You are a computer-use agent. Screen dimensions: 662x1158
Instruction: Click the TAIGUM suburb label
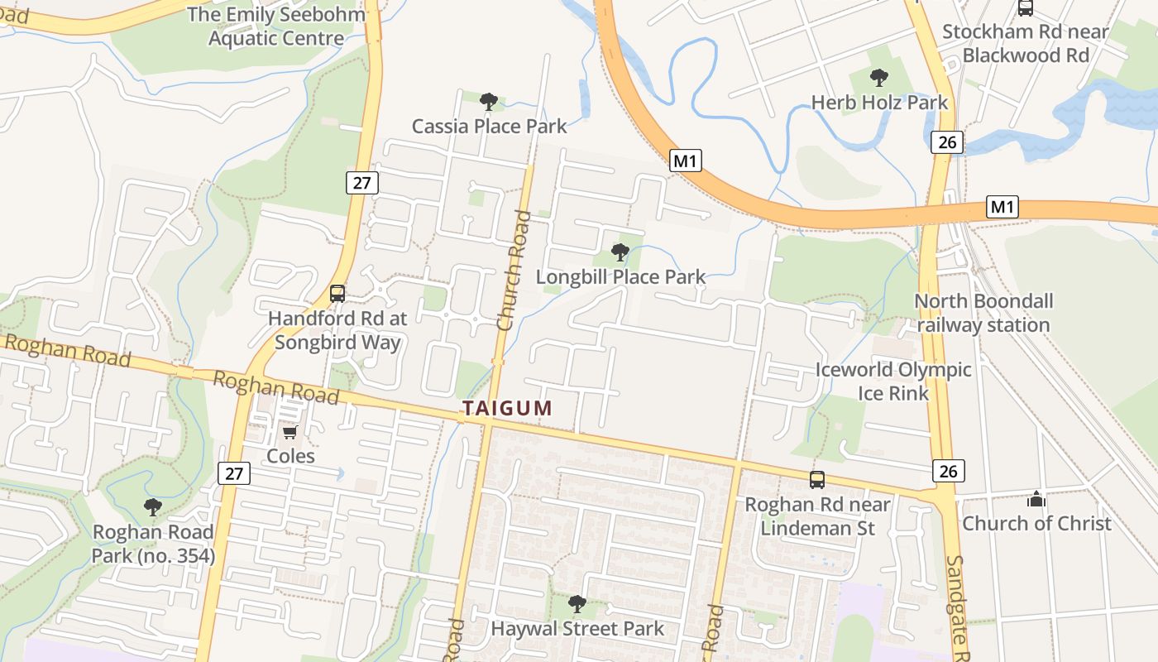coord(507,408)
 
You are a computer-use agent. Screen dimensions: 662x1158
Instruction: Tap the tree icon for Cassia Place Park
coord(489,102)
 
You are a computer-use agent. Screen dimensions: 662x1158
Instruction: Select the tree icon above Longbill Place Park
coord(620,252)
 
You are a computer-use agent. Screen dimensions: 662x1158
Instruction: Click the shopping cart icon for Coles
coord(290,432)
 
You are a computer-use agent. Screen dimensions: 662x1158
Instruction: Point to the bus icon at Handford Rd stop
coord(337,293)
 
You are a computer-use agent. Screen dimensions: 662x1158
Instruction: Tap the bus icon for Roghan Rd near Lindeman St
coord(817,479)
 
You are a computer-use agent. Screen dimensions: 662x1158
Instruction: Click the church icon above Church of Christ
coord(1036,499)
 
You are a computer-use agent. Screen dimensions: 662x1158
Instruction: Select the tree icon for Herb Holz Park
coord(879,79)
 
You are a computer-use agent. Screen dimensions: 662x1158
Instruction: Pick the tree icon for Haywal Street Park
coord(577,604)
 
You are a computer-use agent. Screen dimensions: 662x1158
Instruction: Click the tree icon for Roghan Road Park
coord(152,506)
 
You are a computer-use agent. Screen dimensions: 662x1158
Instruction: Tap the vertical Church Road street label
coord(514,271)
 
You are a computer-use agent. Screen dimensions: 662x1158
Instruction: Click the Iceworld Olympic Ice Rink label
coord(893,381)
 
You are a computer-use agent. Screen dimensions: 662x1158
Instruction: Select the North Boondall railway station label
coord(983,313)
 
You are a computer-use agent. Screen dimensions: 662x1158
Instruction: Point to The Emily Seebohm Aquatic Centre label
coord(275,26)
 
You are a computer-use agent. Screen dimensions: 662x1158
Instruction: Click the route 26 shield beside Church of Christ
coord(948,471)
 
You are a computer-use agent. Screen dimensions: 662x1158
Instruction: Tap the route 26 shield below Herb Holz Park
coord(947,142)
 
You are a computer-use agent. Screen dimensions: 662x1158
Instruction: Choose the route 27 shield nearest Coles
coord(234,473)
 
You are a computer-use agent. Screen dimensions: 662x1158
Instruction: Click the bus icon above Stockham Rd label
coord(1026,7)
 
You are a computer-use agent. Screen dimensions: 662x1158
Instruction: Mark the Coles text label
coord(290,456)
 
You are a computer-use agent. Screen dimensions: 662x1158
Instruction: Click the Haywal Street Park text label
coord(577,629)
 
